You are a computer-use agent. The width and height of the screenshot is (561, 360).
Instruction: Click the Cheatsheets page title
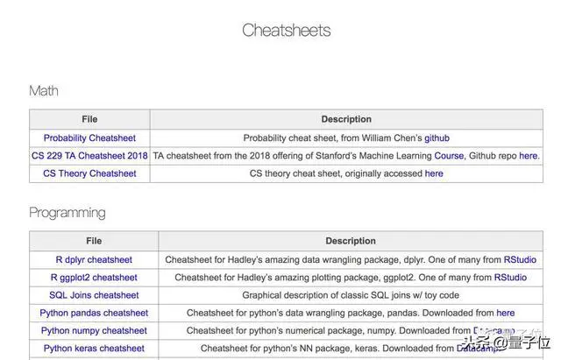tap(286, 31)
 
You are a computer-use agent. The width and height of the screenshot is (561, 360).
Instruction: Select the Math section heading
tap(44, 90)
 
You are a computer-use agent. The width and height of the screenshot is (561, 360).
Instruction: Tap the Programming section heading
tap(67, 213)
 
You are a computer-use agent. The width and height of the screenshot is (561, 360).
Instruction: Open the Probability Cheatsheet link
tap(89, 138)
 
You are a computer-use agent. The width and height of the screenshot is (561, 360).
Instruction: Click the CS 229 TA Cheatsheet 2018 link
tap(89, 155)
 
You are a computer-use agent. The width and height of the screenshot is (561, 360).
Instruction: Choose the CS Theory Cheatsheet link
tap(89, 173)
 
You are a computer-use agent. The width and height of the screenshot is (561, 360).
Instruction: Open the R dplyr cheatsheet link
tap(94, 259)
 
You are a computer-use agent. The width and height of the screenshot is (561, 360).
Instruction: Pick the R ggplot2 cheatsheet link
tap(94, 277)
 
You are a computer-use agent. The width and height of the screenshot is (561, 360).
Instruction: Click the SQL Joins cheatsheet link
tap(94, 295)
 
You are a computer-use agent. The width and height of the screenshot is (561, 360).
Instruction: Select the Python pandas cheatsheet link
tap(94, 313)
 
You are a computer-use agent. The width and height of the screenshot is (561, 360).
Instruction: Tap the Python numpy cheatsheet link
tap(94, 330)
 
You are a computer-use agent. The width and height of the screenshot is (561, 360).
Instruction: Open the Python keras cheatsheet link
tap(94, 349)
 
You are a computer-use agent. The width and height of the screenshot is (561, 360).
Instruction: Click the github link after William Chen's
tap(437, 138)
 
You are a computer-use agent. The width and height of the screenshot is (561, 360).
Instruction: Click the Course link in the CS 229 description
tap(450, 155)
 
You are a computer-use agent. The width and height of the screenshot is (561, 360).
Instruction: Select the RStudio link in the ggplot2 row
tap(510, 277)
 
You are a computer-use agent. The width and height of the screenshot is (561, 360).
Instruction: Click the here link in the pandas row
tap(505, 313)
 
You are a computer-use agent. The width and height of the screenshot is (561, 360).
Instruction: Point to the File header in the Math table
tap(89, 119)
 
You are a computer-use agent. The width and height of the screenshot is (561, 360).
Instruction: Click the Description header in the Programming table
tap(351, 241)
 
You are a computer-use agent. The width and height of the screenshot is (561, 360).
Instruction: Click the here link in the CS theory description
tap(434, 173)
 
